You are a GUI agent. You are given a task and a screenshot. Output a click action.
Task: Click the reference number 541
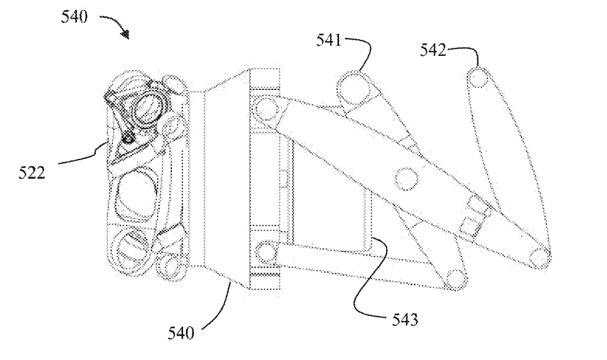click(329, 40)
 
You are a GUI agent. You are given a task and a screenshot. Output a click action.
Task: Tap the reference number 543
click(405, 320)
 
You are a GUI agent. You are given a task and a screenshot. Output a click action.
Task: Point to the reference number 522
click(32, 173)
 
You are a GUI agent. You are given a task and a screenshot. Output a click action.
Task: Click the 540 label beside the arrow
click(74, 17)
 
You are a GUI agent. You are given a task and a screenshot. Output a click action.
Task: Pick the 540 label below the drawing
click(181, 333)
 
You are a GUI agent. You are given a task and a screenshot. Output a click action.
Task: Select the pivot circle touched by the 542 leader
click(479, 78)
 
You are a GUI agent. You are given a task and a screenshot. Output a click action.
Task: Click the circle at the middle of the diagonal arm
click(407, 179)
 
